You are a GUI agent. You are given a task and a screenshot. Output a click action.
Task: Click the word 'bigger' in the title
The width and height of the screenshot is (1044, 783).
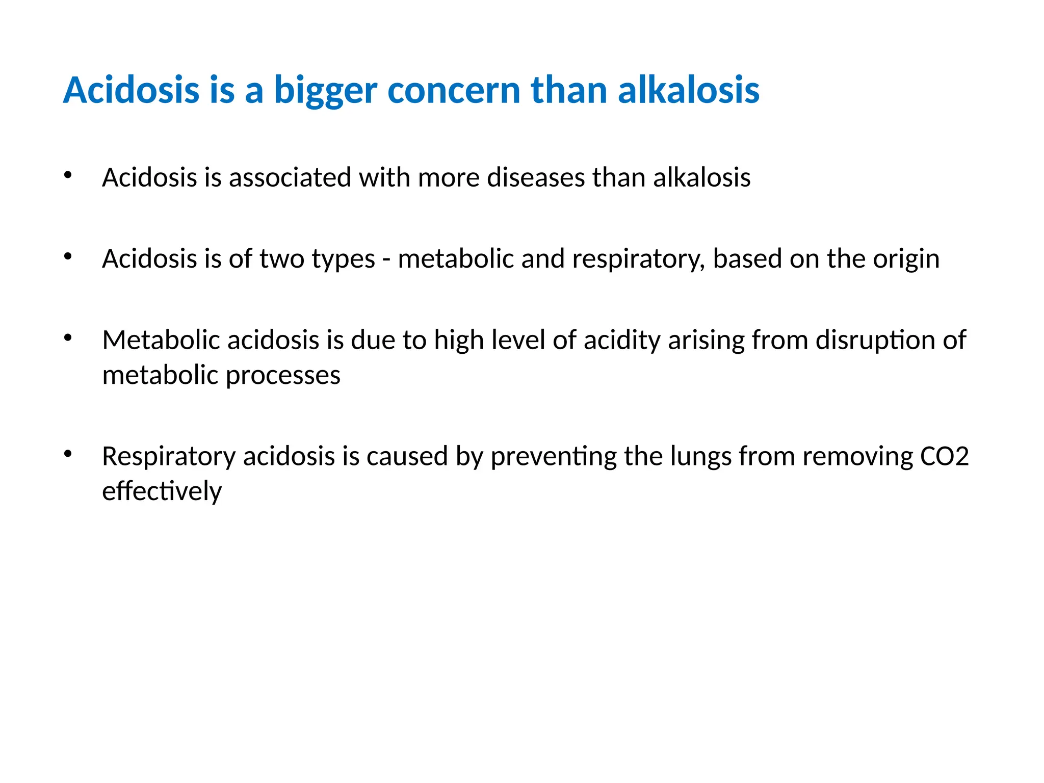(325, 91)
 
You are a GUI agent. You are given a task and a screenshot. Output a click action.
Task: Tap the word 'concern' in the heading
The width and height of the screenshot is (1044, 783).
(453, 91)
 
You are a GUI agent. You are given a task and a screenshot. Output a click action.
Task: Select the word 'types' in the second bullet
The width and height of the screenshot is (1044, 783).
(343, 260)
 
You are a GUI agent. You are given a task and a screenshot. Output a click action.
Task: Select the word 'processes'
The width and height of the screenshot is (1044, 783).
(283, 376)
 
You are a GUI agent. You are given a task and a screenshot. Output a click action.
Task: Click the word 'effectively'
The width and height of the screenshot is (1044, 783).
(162, 491)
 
